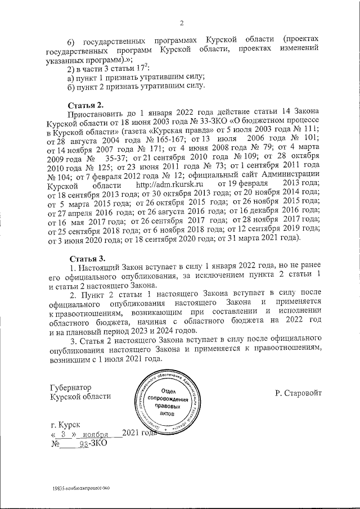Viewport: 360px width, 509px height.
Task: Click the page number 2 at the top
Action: coord(182,23)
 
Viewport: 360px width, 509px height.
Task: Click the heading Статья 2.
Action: coord(85,105)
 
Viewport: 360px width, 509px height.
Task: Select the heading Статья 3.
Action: coord(85,258)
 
